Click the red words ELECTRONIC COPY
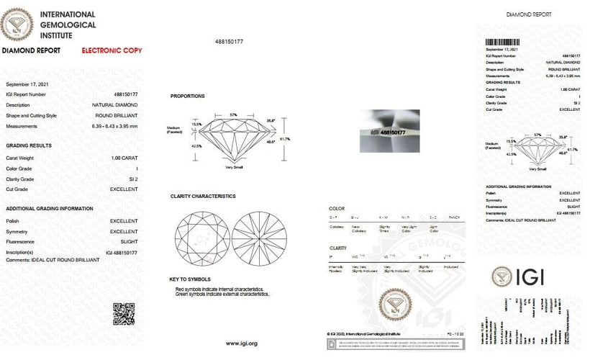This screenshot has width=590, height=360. [112, 51]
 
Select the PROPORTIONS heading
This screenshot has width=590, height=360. [188, 96]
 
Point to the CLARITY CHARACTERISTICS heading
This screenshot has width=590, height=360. [203, 196]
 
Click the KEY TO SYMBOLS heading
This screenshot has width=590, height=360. [189, 279]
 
